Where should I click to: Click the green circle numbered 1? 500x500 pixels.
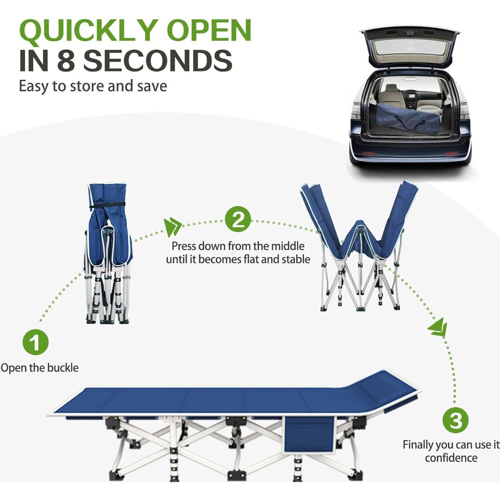point(36,342)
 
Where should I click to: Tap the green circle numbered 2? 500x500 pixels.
point(238,219)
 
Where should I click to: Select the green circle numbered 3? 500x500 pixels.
point(455,420)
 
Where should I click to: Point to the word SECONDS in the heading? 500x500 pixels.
point(158,61)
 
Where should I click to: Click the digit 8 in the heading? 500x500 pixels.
point(66,61)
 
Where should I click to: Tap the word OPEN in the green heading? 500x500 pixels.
point(209,31)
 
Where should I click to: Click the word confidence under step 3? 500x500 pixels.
point(451,458)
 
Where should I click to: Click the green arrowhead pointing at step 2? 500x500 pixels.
point(172,227)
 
